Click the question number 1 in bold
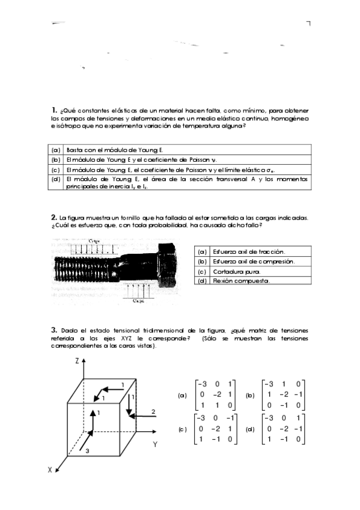click(x=54, y=110)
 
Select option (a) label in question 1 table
click(x=56, y=150)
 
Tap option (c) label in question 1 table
click(x=56, y=170)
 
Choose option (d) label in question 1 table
click(x=56, y=179)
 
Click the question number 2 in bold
click(x=54, y=217)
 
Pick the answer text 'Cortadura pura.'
click(x=232, y=271)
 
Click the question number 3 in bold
click(x=54, y=330)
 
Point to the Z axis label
click(x=77, y=361)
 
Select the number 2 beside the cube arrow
click(x=154, y=411)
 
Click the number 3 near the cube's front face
click(x=88, y=449)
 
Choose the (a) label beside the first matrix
click(x=183, y=396)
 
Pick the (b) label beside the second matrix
click(x=250, y=395)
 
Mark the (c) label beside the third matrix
click(x=183, y=429)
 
